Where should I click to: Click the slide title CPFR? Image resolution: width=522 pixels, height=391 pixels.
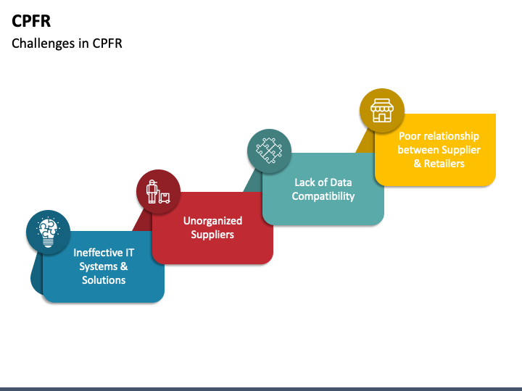[31, 20]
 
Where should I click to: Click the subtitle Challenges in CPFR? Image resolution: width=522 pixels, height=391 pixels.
[67, 43]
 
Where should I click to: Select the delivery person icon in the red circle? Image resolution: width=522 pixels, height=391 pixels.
[158, 191]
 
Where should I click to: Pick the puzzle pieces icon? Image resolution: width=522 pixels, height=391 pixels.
[269, 151]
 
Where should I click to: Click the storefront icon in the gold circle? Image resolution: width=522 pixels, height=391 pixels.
[381, 111]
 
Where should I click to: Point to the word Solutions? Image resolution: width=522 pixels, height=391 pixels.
[104, 280]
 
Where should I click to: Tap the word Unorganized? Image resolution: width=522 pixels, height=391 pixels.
[212, 220]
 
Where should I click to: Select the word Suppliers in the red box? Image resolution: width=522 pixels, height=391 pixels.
[212, 235]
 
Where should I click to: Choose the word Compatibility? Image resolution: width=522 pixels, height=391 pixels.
[323, 196]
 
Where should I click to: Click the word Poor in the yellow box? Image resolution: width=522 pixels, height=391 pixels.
[410, 136]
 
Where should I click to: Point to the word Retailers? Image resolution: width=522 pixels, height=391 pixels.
[444, 164]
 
